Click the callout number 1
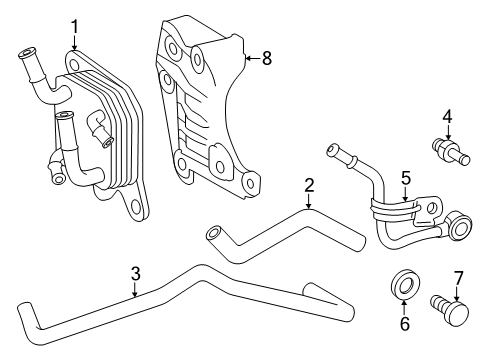(75, 27)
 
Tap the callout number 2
(309, 185)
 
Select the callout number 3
(135, 273)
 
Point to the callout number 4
(448, 117)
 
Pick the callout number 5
(406, 178)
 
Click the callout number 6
(404, 323)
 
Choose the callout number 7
(458, 278)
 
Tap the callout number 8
(267, 58)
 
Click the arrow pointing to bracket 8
(253, 58)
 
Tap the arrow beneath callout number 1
(75, 43)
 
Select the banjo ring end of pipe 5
(460, 227)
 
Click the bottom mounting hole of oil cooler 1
(136, 207)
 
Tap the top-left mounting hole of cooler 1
(74, 64)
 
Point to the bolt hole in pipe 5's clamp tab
(431, 208)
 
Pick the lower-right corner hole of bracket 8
(250, 184)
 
